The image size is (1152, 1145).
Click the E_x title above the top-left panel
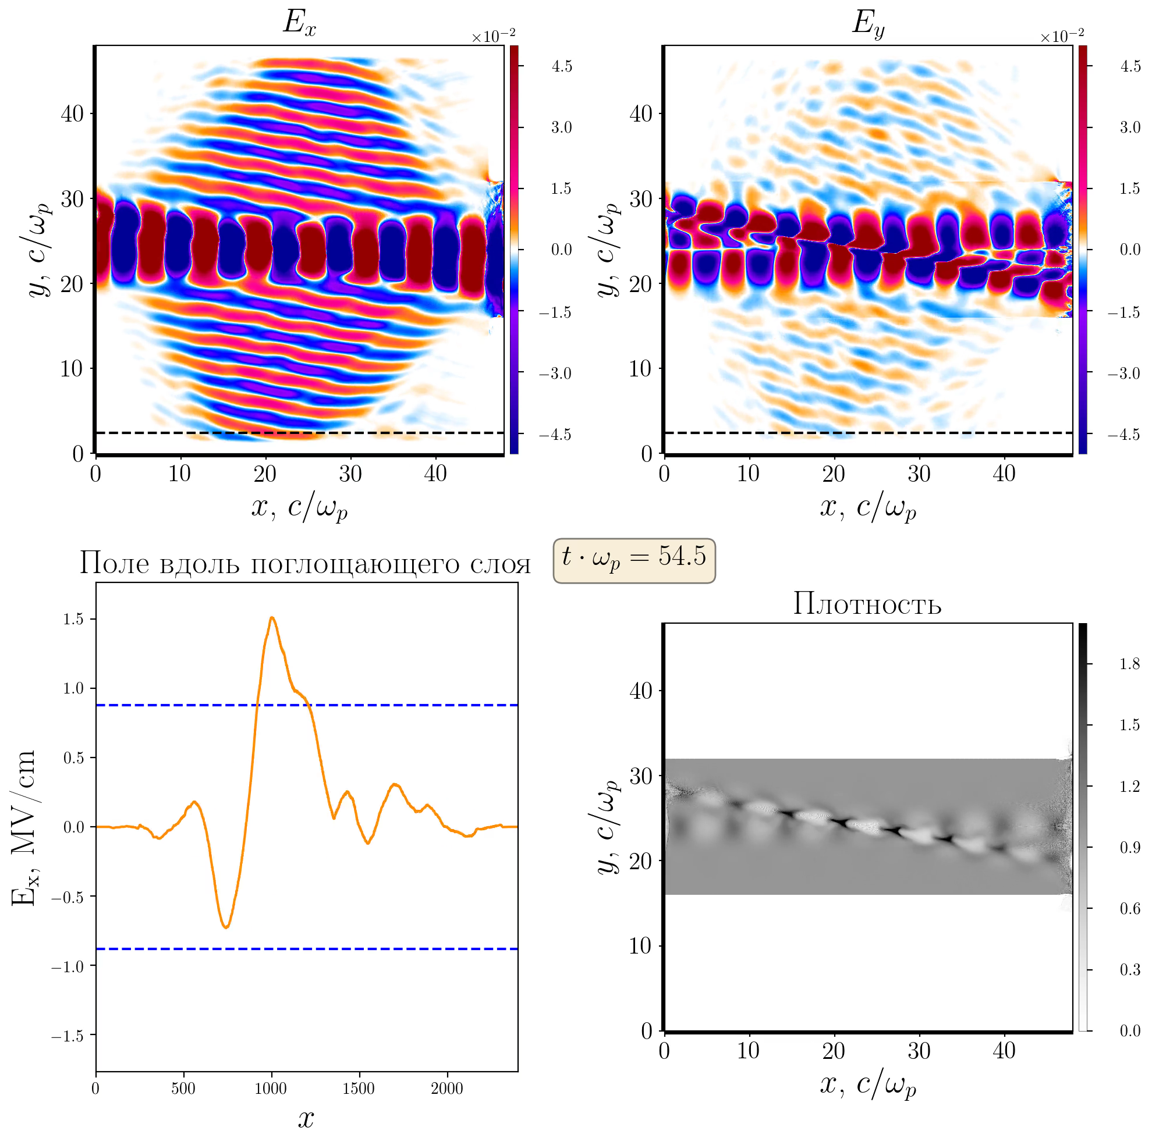(x=299, y=24)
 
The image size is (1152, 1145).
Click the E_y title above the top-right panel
(x=867, y=24)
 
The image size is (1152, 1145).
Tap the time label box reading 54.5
(x=634, y=560)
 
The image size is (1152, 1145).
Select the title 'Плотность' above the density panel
(x=867, y=604)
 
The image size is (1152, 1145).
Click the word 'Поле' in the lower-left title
(x=114, y=564)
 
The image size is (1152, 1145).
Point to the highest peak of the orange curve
(x=272, y=617)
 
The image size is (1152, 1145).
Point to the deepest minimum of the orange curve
(x=226, y=927)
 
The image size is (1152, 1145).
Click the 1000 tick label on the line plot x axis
(x=271, y=1089)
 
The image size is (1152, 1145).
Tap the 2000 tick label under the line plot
(x=446, y=1089)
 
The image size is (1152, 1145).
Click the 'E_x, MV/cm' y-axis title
(x=24, y=828)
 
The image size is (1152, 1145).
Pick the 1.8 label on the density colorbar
(x=1129, y=664)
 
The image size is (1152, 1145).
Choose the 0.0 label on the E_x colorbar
(x=561, y=250)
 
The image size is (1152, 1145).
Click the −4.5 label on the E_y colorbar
(x=1123, y=435)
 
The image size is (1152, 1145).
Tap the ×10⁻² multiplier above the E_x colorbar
(x=493, y=37)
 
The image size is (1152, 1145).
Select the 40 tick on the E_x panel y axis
(x=72, y=113)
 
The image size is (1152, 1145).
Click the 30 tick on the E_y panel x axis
(x=919, y=474)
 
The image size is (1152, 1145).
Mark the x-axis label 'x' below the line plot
(x=306, y=1119)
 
